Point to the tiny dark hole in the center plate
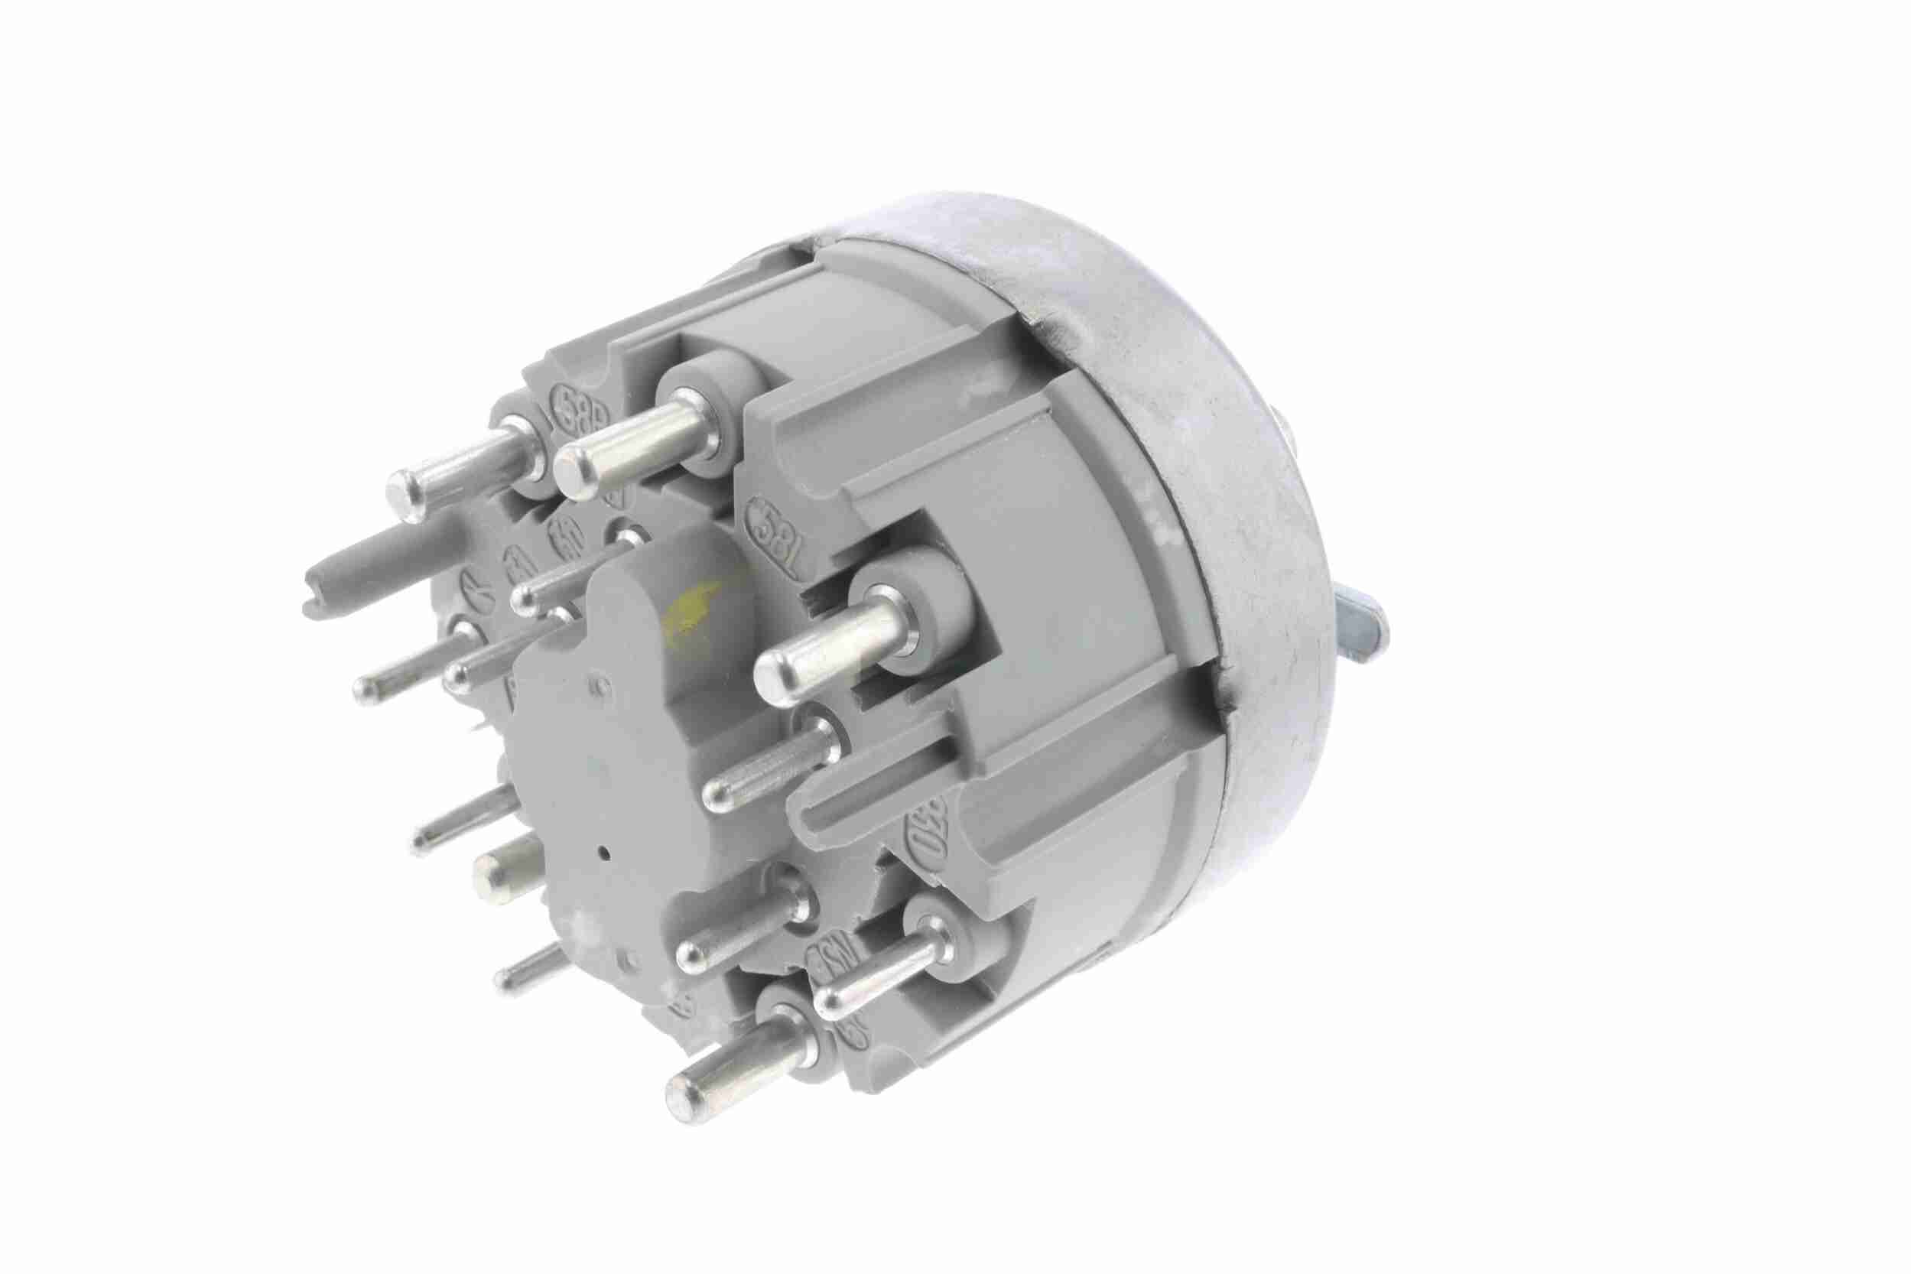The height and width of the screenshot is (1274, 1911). [x=608, y=853]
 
